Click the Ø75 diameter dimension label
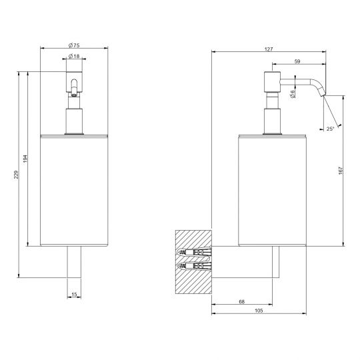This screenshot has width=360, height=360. [x=74, y=45]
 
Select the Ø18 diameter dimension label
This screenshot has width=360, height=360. [x=74, y=56]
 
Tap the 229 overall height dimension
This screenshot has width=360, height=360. [x=16, y=175]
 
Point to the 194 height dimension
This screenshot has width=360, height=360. [x=25, y=159]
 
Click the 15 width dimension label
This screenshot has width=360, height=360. [x=74, y=295]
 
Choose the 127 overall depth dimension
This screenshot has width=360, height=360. [x=269, y=49]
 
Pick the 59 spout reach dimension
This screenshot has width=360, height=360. [x=297, y=61]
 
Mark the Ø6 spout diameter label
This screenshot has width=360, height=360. [x=293, y=94]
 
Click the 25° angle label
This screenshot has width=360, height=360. [x=330, y=129]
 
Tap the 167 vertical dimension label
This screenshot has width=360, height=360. [x=341, y=171]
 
